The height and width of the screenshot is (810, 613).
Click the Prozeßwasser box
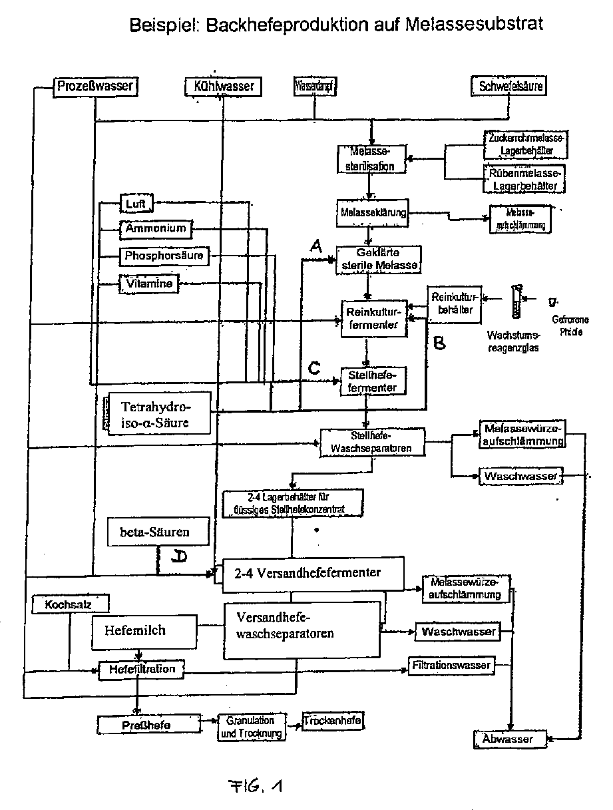95,86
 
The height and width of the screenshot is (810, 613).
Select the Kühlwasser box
220,87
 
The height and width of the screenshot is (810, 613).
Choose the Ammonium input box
154,229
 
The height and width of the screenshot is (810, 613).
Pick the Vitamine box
149,284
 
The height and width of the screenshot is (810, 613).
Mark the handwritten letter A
317,246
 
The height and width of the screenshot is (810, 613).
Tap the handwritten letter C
315,368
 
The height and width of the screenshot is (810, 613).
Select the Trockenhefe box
333,721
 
